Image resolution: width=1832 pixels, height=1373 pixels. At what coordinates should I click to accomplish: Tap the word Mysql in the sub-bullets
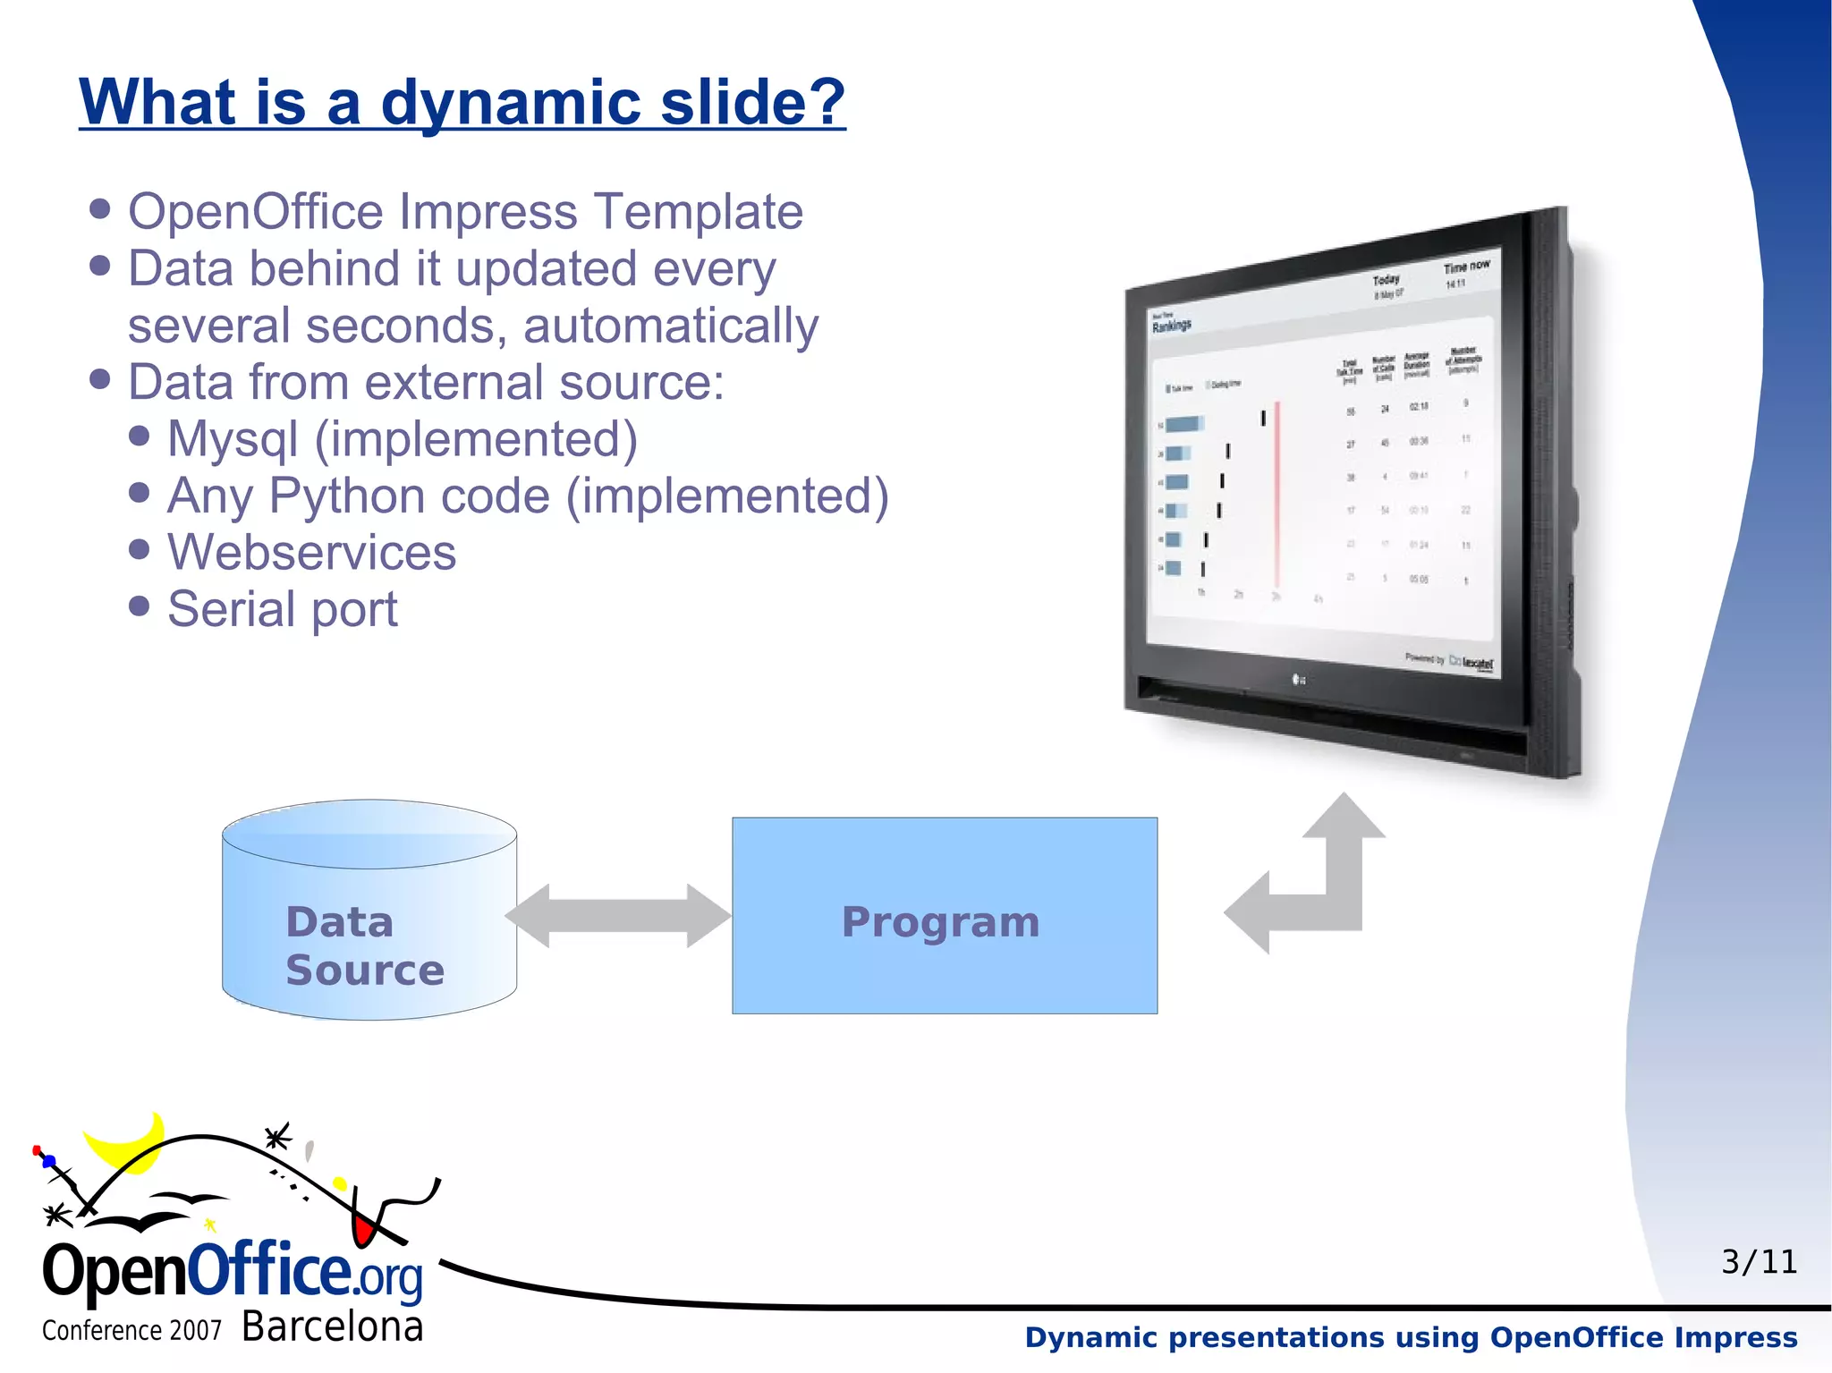click(233, 439)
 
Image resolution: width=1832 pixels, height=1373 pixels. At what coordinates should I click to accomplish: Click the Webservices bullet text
click(311, 552)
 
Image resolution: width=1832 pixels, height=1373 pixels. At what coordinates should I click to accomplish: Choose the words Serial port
click(282, 609)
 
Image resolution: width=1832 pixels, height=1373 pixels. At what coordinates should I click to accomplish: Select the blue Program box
click(944, 915)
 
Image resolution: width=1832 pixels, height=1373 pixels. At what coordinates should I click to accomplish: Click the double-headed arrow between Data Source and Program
click(617, 916)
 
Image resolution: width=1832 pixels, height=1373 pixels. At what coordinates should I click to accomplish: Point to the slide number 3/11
click(1759, 1262)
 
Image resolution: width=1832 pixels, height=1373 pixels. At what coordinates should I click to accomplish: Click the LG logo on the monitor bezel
click(1299, 680)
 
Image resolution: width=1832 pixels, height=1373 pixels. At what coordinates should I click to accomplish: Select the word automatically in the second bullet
click(671, 326)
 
